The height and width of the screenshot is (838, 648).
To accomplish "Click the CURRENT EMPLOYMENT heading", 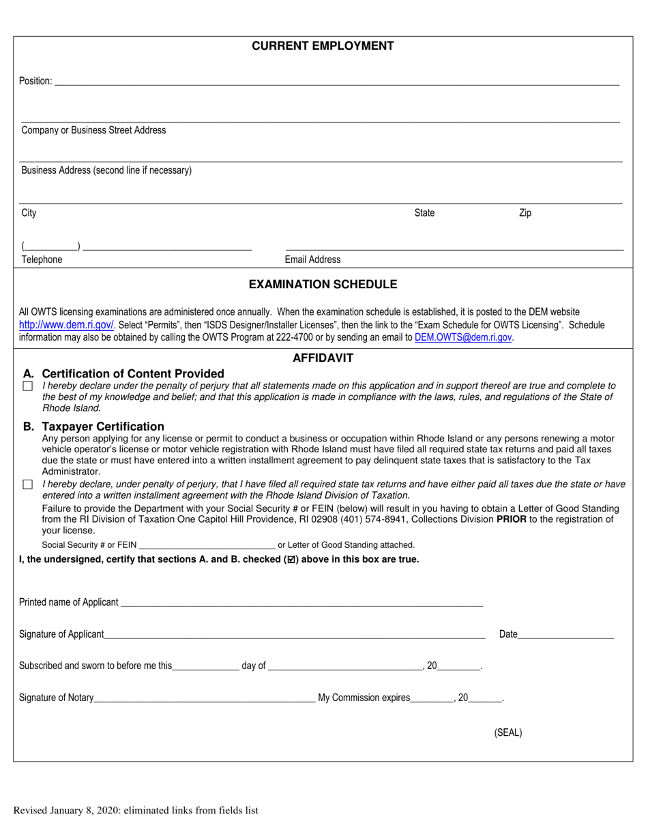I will [x=323, y=46].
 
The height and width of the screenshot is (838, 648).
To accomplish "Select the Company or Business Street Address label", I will [x=93, y=130].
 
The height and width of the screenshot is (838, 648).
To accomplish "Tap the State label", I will [x=424, y=213].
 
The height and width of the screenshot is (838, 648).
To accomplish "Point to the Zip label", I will [x=525, y=213].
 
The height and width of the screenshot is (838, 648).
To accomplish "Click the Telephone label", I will [x=42, y=260].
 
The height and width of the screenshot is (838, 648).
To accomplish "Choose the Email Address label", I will [x=312, y=260].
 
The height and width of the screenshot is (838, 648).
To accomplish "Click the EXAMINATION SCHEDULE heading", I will [x=323, y=284].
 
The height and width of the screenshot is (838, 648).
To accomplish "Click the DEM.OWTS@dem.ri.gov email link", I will [x=463, y=337].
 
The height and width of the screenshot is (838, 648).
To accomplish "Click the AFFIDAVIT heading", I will [x=323, y=358].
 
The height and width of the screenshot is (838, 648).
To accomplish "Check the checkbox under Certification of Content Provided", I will [x=28, y=386].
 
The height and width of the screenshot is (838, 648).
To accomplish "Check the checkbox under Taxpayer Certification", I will [x=28, y=484].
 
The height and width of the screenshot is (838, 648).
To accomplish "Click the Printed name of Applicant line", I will [x=301, y=604].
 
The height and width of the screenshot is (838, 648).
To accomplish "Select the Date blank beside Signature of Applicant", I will [x=565, y=636].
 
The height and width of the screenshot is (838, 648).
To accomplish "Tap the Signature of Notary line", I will [x=205, y=699].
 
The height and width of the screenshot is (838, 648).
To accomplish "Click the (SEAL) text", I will [x=507, y=733].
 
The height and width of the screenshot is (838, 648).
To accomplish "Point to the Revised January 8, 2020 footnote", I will [x=136, y=810].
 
